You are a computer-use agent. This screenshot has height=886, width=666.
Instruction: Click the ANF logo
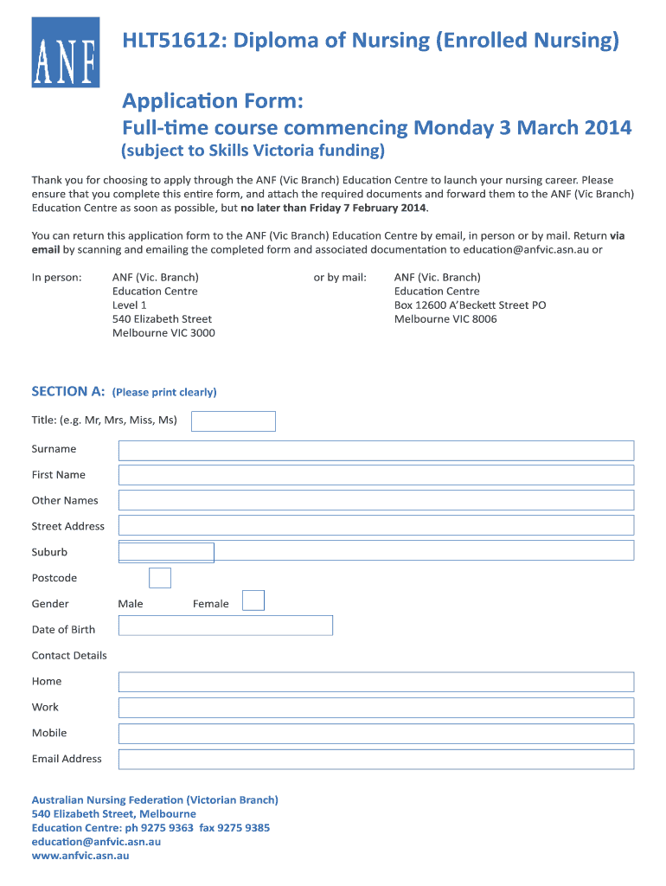coord(65,53)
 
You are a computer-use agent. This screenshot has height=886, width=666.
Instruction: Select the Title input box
coord(233,421)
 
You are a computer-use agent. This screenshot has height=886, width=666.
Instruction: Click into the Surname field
coord(375,450)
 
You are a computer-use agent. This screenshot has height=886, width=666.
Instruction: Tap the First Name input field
coord(375,475)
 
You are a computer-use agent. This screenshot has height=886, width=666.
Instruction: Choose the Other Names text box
coord(375,500)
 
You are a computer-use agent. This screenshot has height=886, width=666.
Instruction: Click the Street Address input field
coord(375,525)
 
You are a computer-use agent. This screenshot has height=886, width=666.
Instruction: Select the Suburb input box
coord(166,552)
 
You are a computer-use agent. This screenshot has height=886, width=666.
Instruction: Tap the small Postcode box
coord(160,578)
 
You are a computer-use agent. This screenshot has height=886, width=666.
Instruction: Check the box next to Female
coord(253,600)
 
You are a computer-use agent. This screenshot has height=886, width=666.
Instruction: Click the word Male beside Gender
coord(131,604)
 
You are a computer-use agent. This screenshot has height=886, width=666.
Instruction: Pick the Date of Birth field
coord(225,626)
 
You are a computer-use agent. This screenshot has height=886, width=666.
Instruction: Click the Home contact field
coord(375,682)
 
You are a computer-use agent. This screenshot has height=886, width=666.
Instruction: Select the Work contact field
coord(375,708)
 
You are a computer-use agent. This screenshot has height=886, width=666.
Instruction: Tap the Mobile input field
coord(375,734)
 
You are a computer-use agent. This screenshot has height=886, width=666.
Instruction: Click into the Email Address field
coord(375,760)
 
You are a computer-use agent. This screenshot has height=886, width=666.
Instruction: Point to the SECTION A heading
coord(67,392)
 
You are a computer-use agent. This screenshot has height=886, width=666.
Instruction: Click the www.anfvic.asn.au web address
coord(80,856)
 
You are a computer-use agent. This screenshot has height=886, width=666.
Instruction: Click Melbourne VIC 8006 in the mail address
coord(445,319)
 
